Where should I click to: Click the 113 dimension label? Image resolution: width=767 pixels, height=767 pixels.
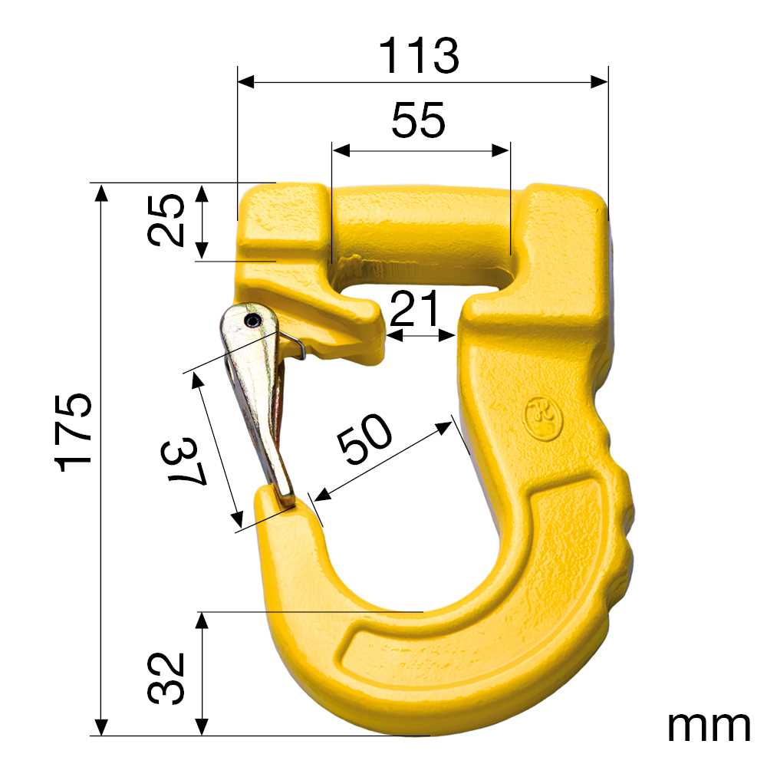click(x=420, y=56)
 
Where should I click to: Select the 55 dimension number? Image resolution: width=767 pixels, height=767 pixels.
click(x=418, y=121)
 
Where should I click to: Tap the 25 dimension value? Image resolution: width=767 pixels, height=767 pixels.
click(x=167, y=220)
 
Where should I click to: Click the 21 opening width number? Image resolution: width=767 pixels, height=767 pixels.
click(x=415, y=310)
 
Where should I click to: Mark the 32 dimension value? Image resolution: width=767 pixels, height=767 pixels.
click(x=167, y=678)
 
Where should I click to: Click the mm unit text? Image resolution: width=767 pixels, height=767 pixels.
click(x=708, y=724)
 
